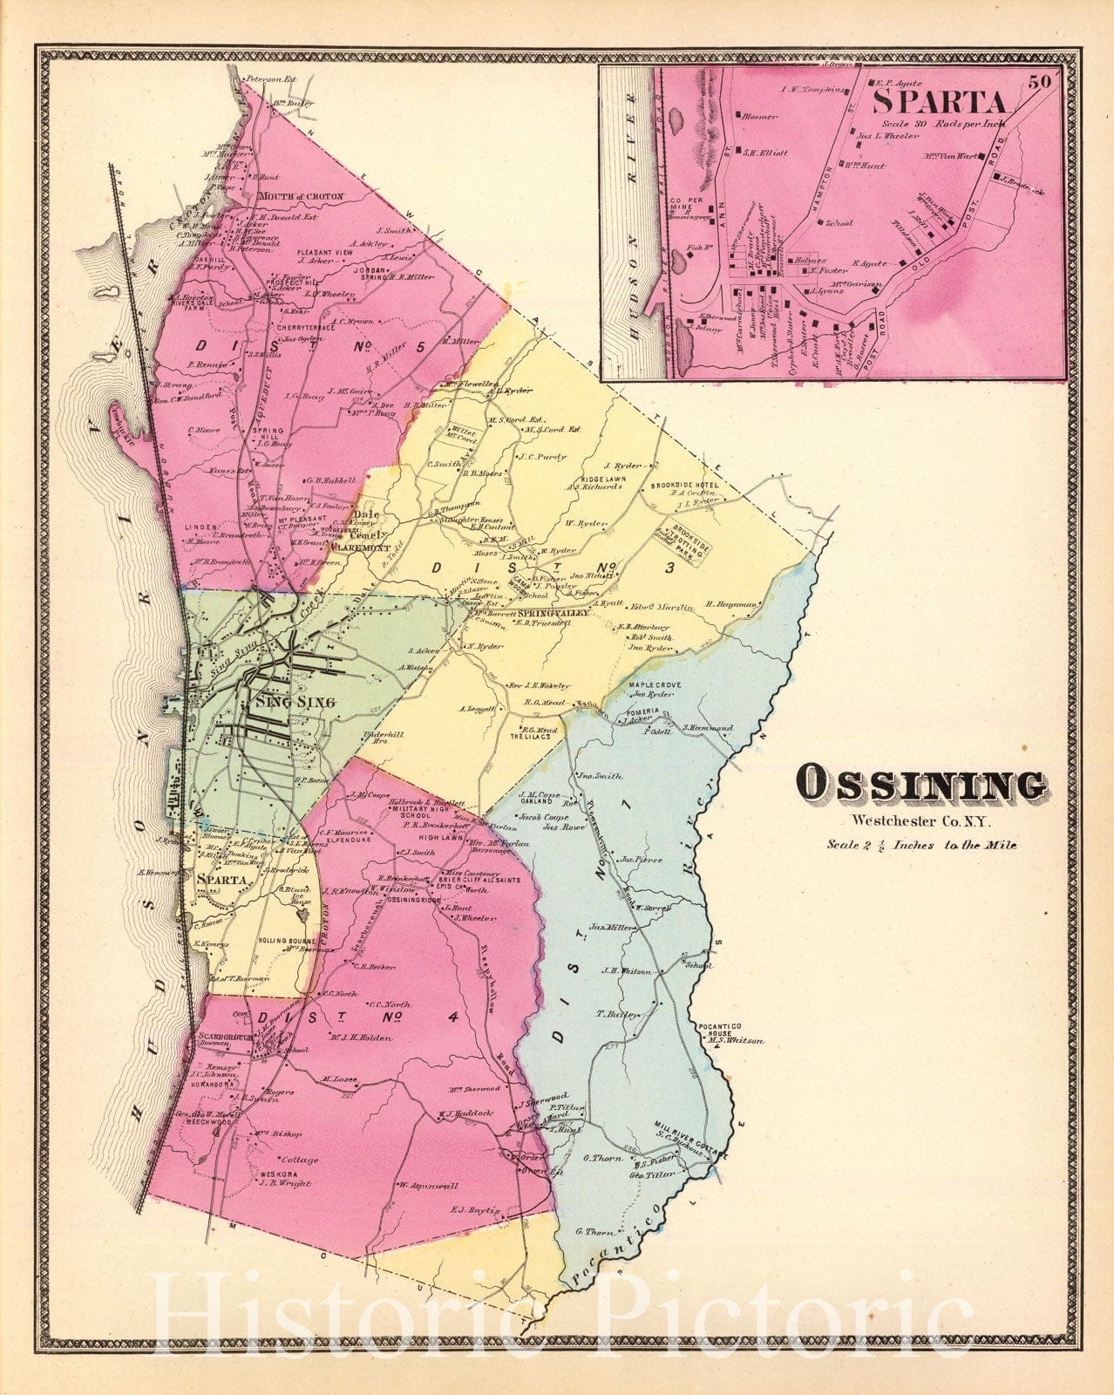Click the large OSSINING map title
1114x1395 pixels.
[x=922, y=785]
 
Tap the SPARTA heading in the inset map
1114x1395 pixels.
[x=939, y=102]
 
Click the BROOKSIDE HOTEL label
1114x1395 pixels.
[x=683, y=484]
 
